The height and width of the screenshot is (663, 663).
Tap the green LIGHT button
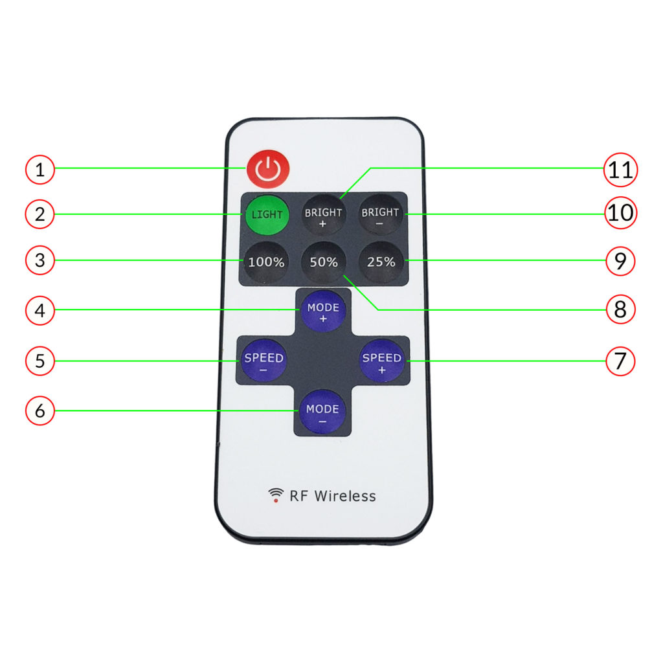click(x=267, y=214)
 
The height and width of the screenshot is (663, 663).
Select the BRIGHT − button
click(x=381, y=216)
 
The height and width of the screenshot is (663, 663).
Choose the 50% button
click(x=324, y=262)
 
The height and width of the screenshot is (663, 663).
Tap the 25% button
click(x=381, y=262)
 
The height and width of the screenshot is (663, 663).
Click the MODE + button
click(x=323, y=311)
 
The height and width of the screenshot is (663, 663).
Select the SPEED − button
click(x=264, y=361)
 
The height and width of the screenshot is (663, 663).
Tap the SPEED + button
click(x=382, y=361)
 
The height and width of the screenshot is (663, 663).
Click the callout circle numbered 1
click(x=40, y=170)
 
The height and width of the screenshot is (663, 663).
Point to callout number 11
click(x=621, y=170)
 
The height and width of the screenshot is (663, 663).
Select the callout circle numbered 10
click(x=621, y=212)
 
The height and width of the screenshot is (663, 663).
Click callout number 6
click(x=40, y=411)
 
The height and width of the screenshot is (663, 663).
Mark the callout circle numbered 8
click(x=621, y=309)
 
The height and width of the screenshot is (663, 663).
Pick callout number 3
click(x=40, y=261)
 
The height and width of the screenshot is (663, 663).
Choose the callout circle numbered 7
click(x=621, y=361)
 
